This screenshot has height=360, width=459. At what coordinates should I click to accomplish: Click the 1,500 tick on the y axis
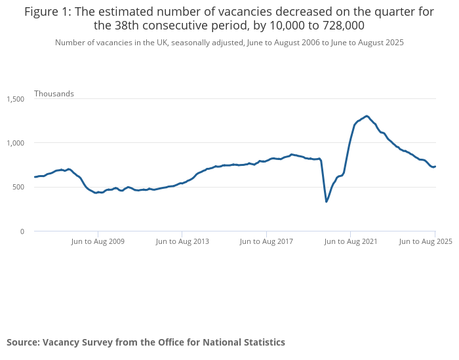click(x=16, y=99)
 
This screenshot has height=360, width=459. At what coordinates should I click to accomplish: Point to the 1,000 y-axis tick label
click(x=16, y=143)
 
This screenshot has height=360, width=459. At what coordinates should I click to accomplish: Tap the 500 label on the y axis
click(x=19, y=187)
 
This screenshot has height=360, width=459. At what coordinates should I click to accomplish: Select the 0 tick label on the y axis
click(x=22, y=231)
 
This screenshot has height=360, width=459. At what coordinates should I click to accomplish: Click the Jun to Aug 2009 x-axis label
click(x=98, y=241)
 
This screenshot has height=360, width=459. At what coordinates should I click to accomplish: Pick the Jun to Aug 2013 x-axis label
click(x=182, y=241)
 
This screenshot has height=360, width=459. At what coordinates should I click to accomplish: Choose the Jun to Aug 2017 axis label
click(x=267, y=241)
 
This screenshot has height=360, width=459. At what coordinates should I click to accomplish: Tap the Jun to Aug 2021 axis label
click(x=351, y=241)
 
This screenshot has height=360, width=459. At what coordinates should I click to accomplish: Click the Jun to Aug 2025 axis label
click(x=426, y=241)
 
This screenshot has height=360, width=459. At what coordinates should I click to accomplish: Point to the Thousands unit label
click(x=54, y=94)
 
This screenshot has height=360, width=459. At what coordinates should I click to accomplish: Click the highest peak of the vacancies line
click(x=366, y=116)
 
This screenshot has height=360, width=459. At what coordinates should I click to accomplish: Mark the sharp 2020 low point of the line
click(x=327, y=201)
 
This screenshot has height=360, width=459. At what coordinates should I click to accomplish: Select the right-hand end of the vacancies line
click(x=435, y=167)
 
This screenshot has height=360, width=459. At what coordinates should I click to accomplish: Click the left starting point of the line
click(x=35, y=177)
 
